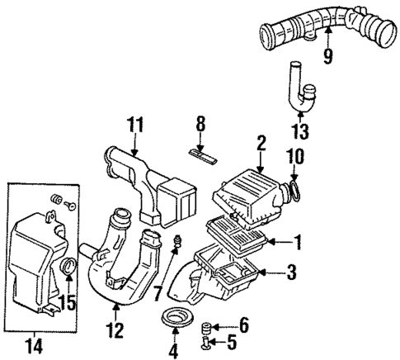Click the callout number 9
[x=328, y=57]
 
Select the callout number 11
[x=134, y=126]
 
